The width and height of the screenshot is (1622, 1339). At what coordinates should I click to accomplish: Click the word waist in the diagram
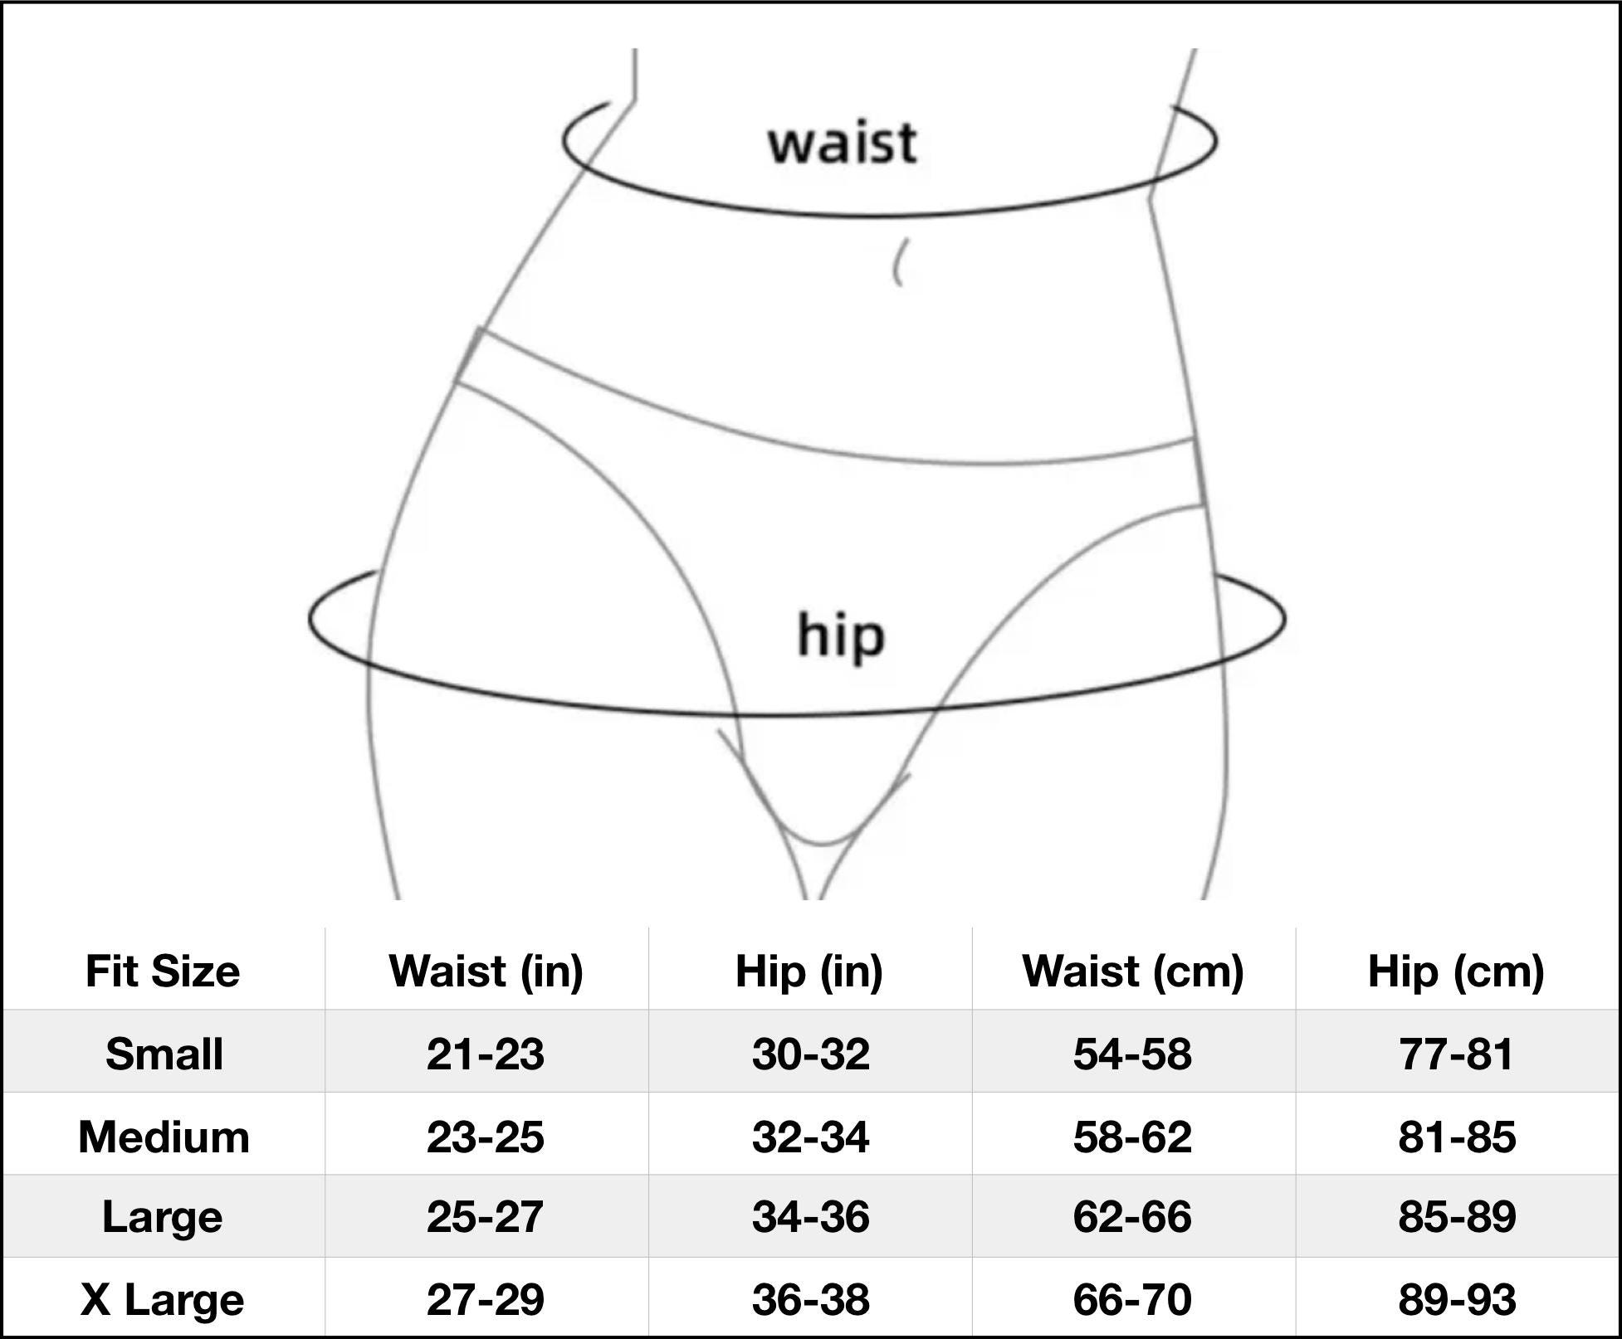point(843,143)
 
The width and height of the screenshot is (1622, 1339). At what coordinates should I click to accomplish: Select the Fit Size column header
point(163,971)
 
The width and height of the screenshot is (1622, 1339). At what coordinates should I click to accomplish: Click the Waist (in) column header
point(486,971)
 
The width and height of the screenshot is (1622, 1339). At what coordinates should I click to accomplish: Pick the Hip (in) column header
point(809,971)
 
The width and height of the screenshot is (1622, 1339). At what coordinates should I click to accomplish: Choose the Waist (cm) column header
point(1133,971)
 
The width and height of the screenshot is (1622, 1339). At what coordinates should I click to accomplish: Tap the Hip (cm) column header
point(1456,971)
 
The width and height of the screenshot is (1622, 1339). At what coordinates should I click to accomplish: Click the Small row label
point(164,1054)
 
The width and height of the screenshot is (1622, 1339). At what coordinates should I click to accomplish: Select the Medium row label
point(164,1137)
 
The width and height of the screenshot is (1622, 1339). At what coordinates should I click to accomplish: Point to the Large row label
point(163,1218)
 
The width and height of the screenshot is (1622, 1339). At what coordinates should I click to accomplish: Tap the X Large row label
point(163,1300)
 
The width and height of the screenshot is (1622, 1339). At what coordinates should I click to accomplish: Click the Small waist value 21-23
point(486,1054)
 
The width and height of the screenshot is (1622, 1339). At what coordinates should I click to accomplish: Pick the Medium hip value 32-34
point(810,1137)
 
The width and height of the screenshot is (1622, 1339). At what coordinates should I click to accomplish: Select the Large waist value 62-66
point(1132,1217)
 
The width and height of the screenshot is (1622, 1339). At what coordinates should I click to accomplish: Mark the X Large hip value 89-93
point(1457,1299)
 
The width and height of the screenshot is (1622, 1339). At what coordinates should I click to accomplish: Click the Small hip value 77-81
point(1457,1054)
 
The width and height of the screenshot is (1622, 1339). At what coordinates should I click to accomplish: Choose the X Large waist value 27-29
point(486,1299)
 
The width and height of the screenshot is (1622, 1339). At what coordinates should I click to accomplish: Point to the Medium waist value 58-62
point(1132,1137)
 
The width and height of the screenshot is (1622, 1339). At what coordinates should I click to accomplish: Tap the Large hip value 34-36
point(810,1217)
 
